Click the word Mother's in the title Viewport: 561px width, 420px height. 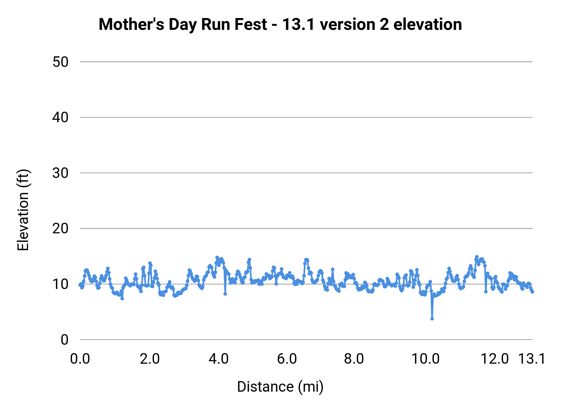click(x=131, y=25)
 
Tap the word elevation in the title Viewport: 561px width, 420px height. click(x=428, y=25)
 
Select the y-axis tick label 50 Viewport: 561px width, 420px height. click(x=60, y=62)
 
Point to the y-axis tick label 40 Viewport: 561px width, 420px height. click(x=60, y=118)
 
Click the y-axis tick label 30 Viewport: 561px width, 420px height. click(x=60, y=173)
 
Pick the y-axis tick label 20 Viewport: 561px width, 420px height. click(x=60, y=229)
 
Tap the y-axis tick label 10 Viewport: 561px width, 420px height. click(x=60, y=284)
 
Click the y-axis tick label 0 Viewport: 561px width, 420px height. click(x=64, y=340)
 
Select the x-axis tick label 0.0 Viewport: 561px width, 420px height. click(x=80, y=359)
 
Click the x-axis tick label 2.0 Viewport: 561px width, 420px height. click(x=150, y=359)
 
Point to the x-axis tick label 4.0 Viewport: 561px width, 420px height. click(x=218, y=359)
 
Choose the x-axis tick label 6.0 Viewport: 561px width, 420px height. click(x=287, y=359)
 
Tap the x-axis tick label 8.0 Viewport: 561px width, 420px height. click(x=354, y=359)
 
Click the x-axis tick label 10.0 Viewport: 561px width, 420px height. click(x=425, y=359)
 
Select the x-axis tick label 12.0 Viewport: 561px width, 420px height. click(x=495, y=359)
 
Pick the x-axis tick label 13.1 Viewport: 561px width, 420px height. click(x=532, y=359)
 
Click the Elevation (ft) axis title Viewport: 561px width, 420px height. click(x=23, y=210)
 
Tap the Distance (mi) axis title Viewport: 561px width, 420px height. click(x=280, y=387)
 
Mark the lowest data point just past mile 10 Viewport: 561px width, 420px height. click(x=432, y=319)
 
